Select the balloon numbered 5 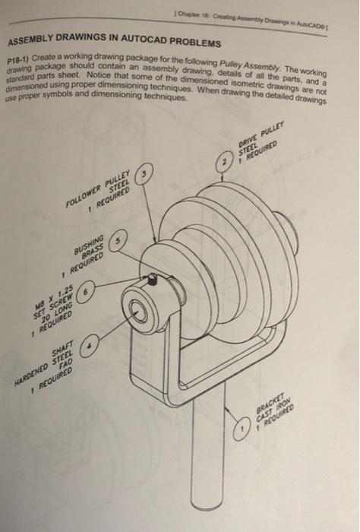[x=119, y=242]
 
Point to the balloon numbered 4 [x=90, y=344]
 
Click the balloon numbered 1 [x=241, y=432]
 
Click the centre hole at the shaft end [x=139, y=310]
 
